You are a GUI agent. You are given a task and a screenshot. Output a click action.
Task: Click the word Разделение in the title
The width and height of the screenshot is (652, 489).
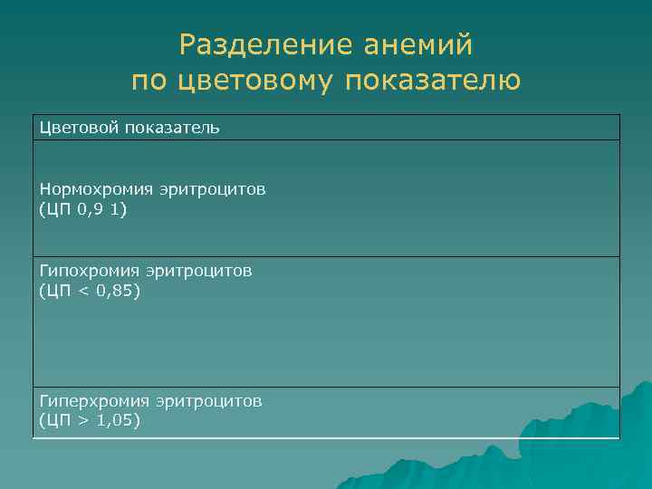pos(253,44)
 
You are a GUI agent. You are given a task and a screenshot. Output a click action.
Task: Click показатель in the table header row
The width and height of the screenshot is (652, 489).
pos(172,128)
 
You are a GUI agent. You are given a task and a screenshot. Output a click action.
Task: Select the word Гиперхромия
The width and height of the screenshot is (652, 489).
pos(95,400)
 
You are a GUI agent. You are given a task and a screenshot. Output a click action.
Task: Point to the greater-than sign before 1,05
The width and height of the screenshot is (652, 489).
pos(83,420)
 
